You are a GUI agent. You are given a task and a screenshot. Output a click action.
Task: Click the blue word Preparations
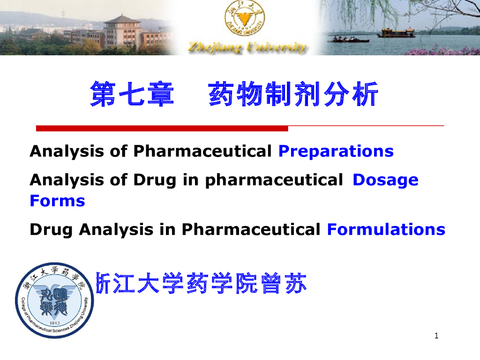pos(336,152)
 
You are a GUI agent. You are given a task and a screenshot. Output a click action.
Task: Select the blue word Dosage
pos(385,180)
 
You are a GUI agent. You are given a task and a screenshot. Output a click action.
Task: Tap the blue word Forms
pos(57,201)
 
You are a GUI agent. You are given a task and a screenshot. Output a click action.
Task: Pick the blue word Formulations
pos(386,230)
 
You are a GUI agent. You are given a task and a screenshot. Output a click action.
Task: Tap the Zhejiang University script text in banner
pos(247,47)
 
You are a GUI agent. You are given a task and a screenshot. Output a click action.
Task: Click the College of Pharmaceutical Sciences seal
pos(54,300)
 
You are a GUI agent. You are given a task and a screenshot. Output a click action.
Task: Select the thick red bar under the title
pos(162,128)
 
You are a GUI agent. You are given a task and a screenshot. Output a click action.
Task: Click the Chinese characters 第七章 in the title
pos(132,94)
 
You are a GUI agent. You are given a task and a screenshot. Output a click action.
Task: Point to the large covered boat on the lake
pos(396,33)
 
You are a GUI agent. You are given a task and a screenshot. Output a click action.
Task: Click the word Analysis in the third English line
pos(116,230)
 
